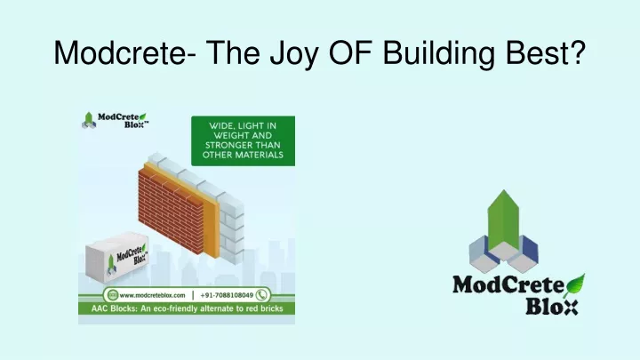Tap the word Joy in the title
[x=293, y=55]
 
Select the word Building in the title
[x=439, y=55]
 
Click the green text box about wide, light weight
[x=243, y=140]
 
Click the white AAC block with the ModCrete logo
[x=116, y=257]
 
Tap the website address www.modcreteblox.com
[x=152, y=295]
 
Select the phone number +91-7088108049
[x=227, y=295]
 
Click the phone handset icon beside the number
[x=261, y=295]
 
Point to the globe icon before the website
[x=112, y=295]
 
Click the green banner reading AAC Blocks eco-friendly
[x=187, y=308]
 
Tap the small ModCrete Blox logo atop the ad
[x=115, y=120]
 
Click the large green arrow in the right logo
[x=504, y=220]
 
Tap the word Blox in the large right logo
[x=551, y=307]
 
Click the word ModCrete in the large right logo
[x=508, y=284]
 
